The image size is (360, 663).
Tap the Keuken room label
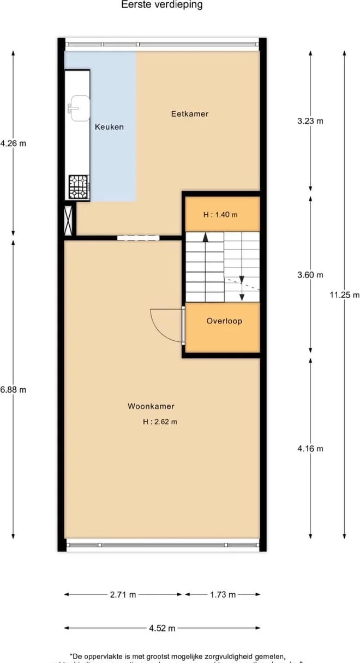[x=109, y=127]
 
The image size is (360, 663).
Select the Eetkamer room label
[x=190, y=114]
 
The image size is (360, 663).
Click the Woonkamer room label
[x=151, y=406]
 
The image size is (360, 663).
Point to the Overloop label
[x=224, y=321]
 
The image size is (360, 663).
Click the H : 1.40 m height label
[x=220, y=215]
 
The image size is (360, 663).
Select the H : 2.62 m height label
[x=160, y=421]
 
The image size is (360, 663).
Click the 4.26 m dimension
[x=13, y=144]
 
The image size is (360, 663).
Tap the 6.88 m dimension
[x=13, y=390]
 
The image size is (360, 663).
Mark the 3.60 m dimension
[x=310, y=275]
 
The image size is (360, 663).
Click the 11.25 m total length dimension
[x=344, y=295]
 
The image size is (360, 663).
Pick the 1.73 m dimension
[x=223, y=595]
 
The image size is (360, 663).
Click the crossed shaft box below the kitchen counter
[x=69, y=219]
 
